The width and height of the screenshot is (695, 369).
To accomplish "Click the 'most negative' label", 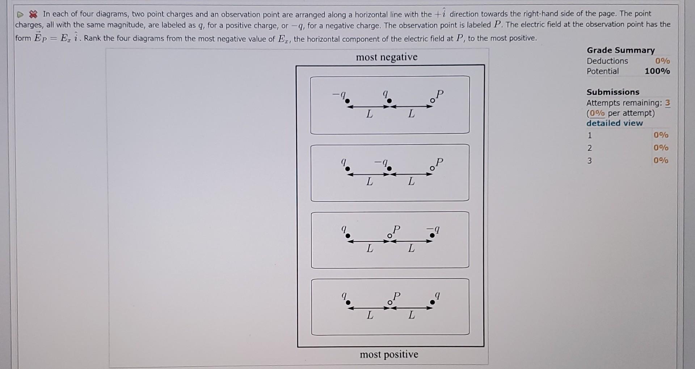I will pos(387,57).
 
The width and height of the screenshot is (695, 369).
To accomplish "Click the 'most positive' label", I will pos(389,354).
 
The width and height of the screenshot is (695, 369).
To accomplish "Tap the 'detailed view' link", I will pos(614,123).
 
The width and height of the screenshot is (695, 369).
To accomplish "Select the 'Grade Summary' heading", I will pos(620,50).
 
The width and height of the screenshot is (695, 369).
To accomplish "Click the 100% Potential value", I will pos(657,71).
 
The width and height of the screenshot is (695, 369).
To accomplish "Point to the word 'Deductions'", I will pos(607,61).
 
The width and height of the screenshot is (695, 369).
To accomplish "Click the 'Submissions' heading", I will pos(613,92).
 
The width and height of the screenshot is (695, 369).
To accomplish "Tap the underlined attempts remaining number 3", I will pos(667,103).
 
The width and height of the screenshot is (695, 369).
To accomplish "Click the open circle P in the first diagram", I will pos(432,100).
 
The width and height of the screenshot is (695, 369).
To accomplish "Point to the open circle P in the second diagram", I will pos(432,168).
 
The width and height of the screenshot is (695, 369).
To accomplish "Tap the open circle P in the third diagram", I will pos(389,236).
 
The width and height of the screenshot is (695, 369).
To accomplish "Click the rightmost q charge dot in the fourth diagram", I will pos(432,302).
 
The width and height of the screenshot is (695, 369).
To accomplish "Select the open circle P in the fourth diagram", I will pos(389,302).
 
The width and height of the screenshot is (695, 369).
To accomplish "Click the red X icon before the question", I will pos(33,14).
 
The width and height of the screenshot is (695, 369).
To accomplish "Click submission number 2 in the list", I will pos(589,148).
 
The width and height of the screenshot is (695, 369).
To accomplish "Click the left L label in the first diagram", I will pos(369,114).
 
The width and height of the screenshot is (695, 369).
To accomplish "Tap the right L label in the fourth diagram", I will pos(411,315).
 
